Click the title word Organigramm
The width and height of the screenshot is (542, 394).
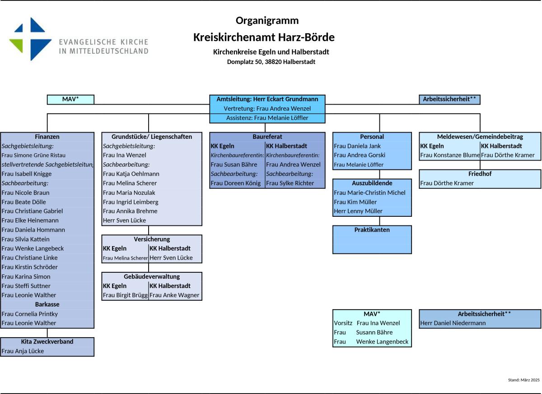267,21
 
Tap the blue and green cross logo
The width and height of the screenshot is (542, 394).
31,39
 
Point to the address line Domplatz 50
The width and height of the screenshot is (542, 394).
244,62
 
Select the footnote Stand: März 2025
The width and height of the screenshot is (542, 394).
524,380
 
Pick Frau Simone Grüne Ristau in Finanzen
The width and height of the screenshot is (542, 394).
33,155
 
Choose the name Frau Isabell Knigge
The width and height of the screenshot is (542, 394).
27,174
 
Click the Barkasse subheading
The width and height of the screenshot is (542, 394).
47,304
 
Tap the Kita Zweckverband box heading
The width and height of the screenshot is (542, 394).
47,341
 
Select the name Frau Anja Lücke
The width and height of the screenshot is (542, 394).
23,351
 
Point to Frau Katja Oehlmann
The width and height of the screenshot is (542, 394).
131,174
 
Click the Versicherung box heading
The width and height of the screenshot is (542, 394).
152,239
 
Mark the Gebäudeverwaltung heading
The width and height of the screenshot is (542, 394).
152,276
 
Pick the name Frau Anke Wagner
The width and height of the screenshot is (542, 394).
174,295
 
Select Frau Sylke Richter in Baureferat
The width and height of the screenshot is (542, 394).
290,183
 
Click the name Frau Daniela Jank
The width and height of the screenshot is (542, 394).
357,146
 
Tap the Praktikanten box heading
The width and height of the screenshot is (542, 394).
372,230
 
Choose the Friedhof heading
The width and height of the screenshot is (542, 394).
480,174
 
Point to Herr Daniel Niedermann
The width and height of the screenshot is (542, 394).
453,323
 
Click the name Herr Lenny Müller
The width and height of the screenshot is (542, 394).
358,211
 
